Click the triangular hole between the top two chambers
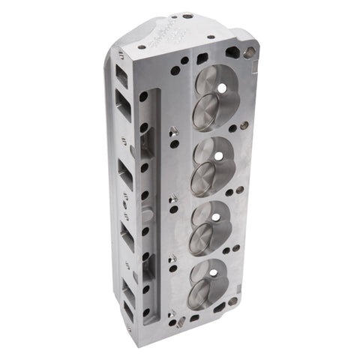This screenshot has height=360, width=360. click(x=172, y=130)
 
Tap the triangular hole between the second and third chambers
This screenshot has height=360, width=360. click(x=173, y=199)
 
